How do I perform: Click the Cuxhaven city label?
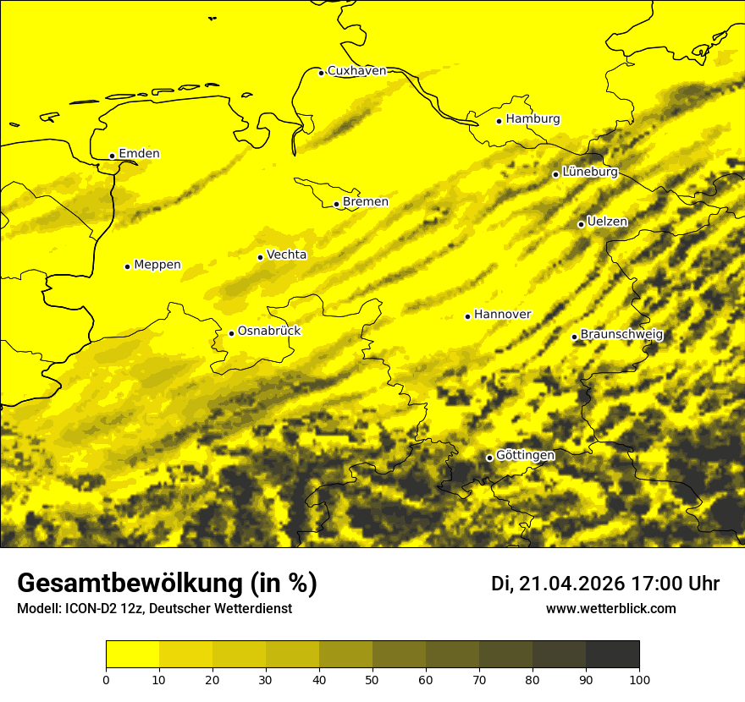[356, 71]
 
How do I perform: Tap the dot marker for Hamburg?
[499, 121]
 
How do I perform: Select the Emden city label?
[139, 154]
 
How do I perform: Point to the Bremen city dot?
[336, 204]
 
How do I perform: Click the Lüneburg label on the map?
[590, 173]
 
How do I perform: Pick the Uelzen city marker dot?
[581, 224]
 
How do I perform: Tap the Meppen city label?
[157, 265]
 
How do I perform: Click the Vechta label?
[286, 255]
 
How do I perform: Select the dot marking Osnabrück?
[231, 333]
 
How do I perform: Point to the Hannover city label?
[502, 315]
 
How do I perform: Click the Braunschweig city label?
[621, 335]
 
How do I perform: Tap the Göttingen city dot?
[489, 458]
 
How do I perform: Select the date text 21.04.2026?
[571, 584]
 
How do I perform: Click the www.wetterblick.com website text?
[610, 609]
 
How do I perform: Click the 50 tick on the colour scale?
[372, 678]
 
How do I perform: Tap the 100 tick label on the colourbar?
[639, 678]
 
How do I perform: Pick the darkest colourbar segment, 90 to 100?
[612, 654]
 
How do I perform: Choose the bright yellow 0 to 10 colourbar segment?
[132, 654]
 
